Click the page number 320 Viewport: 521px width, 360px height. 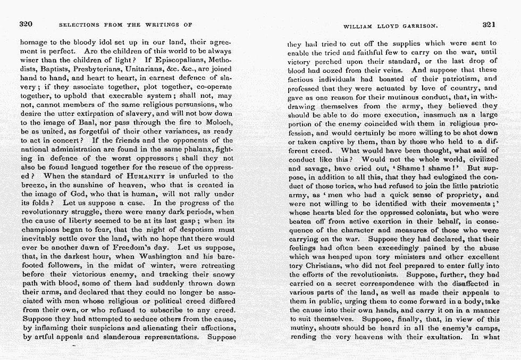26,24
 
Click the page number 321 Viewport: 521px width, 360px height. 489,24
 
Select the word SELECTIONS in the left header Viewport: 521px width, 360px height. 79,25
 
